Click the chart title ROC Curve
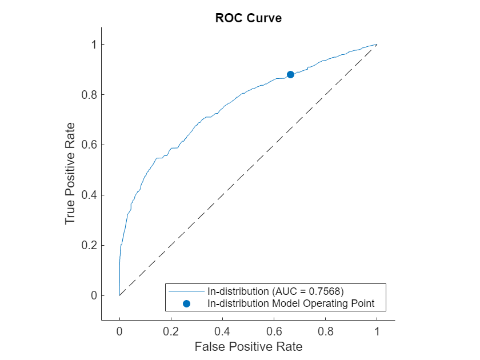[248, 18]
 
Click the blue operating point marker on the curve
[290, 74]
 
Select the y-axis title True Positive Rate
[70, 173]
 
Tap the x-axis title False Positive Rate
[248, 346]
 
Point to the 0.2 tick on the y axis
[87, 245]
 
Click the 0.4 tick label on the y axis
[87, 195]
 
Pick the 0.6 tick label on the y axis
[87, 145]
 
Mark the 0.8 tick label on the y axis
[87, 94]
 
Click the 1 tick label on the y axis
[92, 45]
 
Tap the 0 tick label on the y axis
[92, 295]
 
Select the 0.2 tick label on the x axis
[171, 330]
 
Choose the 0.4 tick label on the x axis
[222, 330]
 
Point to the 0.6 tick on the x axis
[274, 330]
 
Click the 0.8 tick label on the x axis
[325, 330]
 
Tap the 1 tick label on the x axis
[377, 330]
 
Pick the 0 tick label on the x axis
[119, 330]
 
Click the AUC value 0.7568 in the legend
[323, 291]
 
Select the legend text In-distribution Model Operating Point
[291, 303]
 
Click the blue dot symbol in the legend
[186, 303]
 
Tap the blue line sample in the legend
[186, 291]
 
